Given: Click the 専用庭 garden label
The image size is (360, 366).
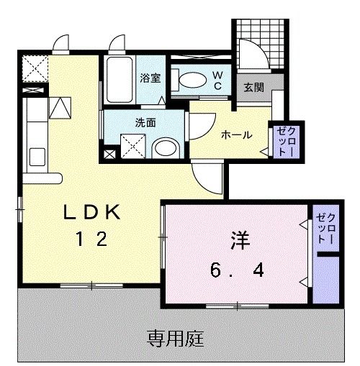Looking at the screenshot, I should (176, 336).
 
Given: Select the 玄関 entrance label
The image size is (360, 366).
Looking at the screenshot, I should (253, 87).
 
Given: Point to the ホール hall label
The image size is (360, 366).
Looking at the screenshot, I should (235, 134).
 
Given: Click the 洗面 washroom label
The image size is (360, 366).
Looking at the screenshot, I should (145, 122).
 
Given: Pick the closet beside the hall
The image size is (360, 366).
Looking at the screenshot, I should (280, 141).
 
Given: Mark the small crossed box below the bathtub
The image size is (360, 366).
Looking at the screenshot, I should (108, 152).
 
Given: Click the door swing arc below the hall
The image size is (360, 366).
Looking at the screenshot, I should (209, 175).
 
